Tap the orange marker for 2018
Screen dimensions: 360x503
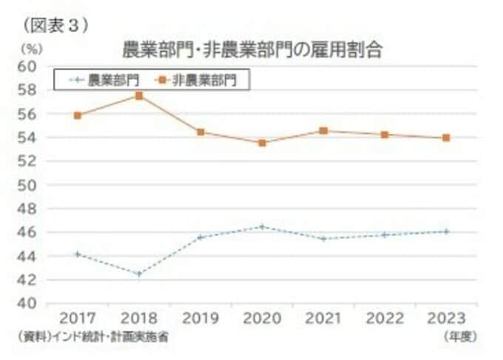pyautogui.click(x=139, y=96)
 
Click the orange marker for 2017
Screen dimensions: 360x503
pyautogui.click(x=78, y=115)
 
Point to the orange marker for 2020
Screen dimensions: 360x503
pyautogui.click(x=262, y=143)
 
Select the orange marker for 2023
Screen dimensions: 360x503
pyautogui.click(x=446, y=137)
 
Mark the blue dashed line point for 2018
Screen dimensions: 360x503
pyautogui.click(x=139, y=274)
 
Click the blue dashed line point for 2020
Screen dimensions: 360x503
pyautogui.click(x=262, y=227)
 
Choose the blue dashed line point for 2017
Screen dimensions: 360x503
pyautogui.click(x=78, y=254)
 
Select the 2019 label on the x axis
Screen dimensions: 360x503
pyautogui.click(x=200, y=319)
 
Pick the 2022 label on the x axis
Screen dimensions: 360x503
pyautogui.click(x=385, y=319)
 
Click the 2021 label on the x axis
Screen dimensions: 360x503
pyautogui.click(x=323, y=319)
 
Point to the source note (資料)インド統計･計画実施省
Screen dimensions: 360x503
pyautogui.click(x=93, y=336)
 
